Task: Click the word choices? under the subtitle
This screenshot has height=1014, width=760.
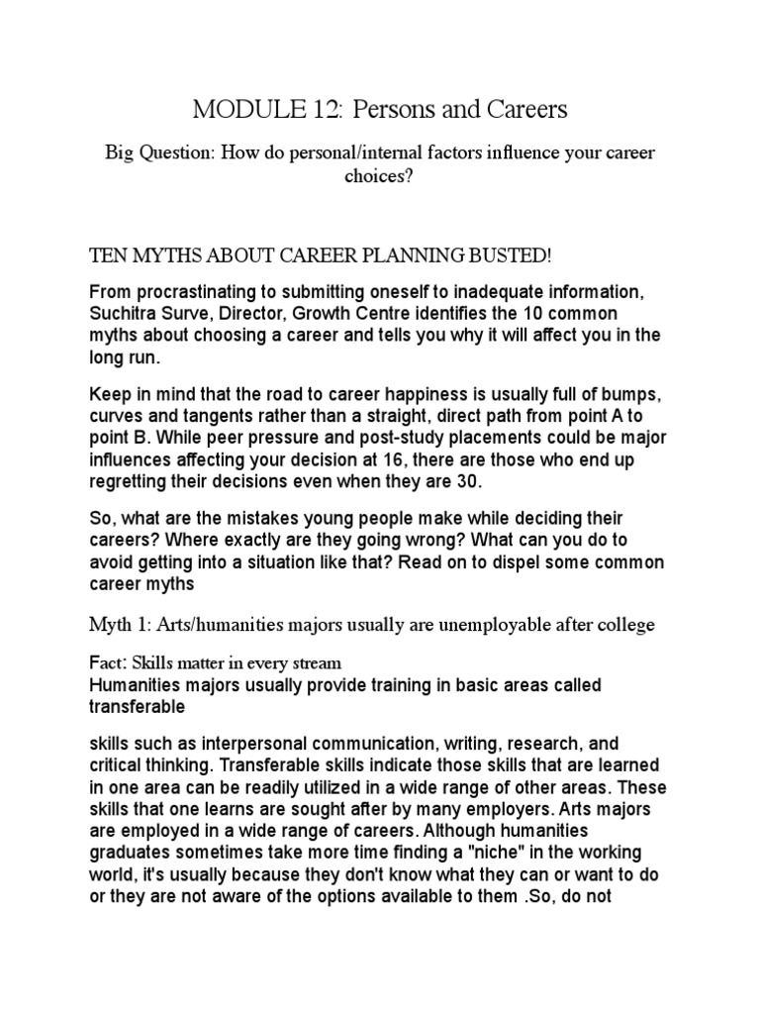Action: (379, 179)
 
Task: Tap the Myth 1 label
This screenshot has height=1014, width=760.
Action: (117, 624)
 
